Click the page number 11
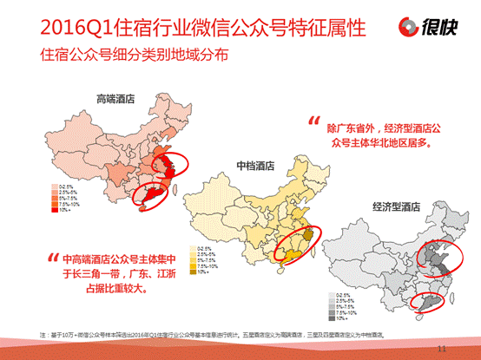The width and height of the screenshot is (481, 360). click(x=445, y=348)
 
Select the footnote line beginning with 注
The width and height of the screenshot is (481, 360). click(x=217, y=334)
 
